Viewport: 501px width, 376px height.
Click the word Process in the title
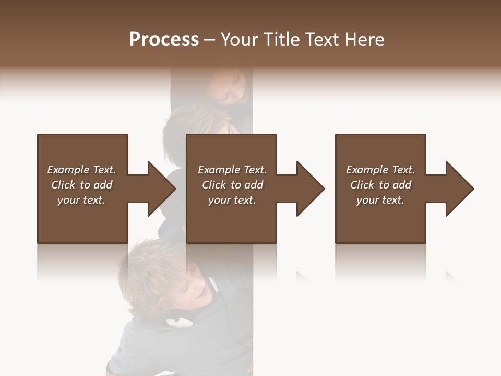(x=164, y=40)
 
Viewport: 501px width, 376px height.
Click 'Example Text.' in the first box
(x=81, y=170)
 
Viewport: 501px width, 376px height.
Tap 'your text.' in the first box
(x=81, y=200)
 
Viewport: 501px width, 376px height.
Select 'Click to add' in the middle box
(x=232, y=185)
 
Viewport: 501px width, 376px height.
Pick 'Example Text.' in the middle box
(x=232, y=170)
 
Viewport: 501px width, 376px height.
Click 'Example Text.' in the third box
(x=380, y=170)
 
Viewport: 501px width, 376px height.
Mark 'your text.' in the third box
(x=380, y=200)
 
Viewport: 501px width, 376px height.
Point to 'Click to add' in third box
(x=380, y=185)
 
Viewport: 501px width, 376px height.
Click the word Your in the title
(x=239, y=40)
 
